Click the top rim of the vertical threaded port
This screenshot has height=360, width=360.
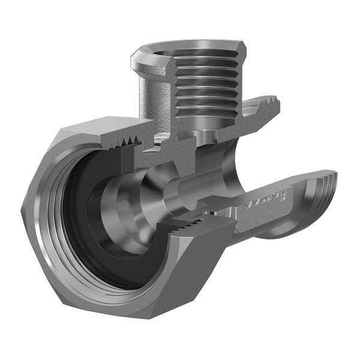[x=180, y=45]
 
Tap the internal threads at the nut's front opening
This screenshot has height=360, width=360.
[x=51, y=240]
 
